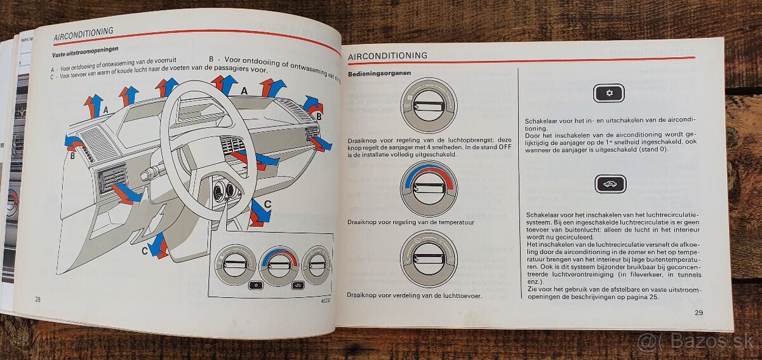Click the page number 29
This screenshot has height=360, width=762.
pos(698,312)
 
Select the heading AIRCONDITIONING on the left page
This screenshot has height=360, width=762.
pos(83,31)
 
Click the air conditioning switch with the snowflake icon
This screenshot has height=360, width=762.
pos(609,93)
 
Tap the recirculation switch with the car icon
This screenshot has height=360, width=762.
pos(610,184)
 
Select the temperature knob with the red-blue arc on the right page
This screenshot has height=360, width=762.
pos(429,188)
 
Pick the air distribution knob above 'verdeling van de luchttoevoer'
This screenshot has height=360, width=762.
pos(429,258)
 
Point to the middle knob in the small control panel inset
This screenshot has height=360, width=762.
pos(279,263)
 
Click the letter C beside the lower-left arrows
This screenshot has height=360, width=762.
pos(144,251)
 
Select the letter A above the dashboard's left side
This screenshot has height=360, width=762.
pos(105,109)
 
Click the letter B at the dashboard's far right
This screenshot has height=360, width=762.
pos(319,117)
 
